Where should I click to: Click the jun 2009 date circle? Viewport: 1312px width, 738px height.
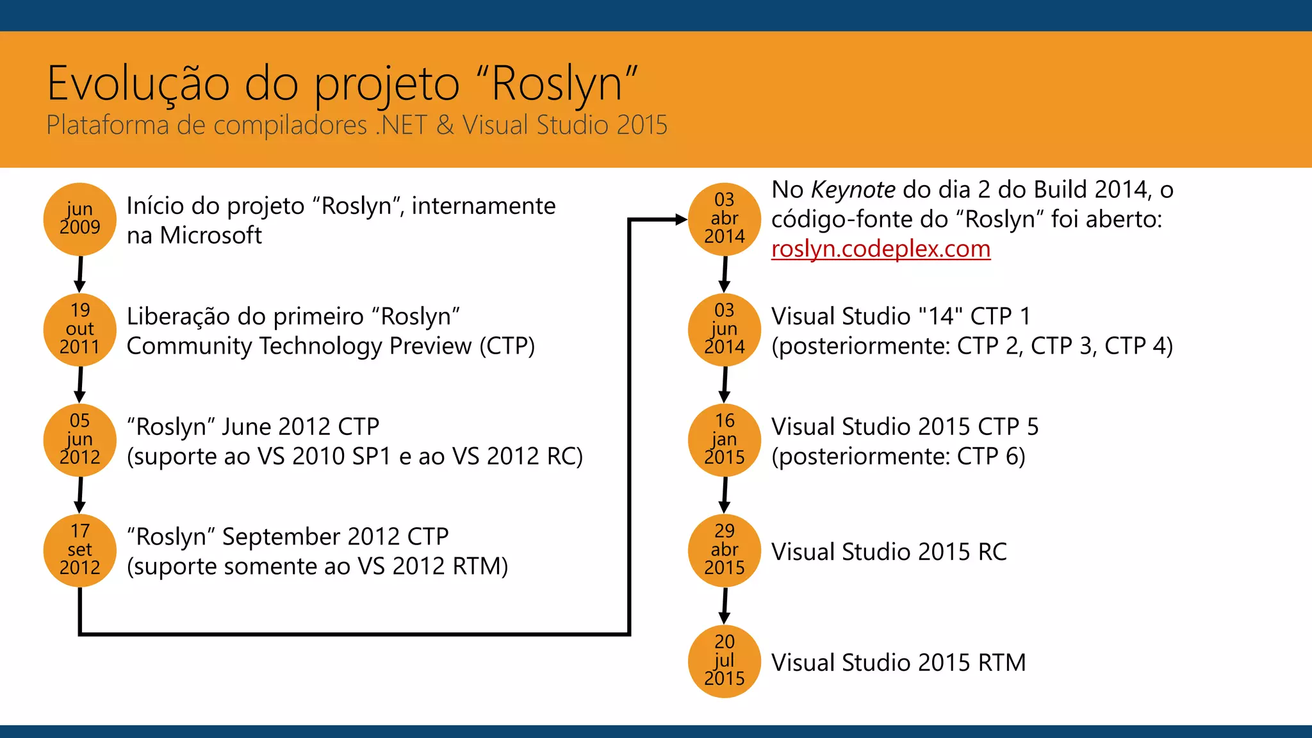(x=80, y=219)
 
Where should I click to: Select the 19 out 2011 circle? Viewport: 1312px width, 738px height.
(x=80, y=329)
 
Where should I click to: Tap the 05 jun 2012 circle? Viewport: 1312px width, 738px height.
(x=80, y=439)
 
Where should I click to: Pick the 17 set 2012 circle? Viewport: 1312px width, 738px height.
(x=80, y=550)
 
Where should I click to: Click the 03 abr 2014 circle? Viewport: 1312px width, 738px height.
(x=725, y=219)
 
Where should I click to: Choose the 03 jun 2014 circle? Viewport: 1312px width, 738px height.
(x=725, y=329)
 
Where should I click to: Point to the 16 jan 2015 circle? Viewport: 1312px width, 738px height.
(x=725, y=439)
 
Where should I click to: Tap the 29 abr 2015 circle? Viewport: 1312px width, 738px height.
(x=725, y=550)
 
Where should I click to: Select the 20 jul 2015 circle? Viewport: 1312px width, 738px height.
(x=725, y=660)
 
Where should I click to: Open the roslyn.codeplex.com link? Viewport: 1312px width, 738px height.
(x=880, y=249)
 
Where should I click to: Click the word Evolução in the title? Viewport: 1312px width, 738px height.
(x=138, y=85)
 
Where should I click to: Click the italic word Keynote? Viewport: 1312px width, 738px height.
(x=853, y=190)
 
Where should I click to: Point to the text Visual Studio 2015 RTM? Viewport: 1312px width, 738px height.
(x=898, y=662)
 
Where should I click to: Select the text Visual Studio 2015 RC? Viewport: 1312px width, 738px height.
(x=889, y=552)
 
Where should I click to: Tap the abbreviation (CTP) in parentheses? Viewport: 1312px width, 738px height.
(x=507, y=346)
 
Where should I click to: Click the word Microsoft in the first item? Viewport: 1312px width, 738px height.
(x=211, y=236)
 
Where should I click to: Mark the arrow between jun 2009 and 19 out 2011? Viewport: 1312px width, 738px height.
(x=80, y=274)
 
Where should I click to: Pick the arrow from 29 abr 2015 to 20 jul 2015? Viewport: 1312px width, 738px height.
(x=725, y=605)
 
